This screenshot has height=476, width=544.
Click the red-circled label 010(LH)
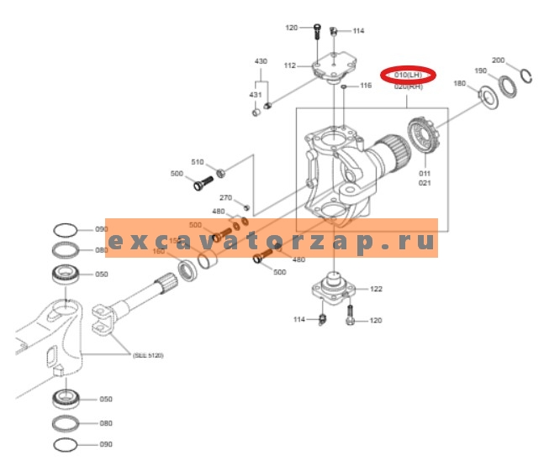(406, 76)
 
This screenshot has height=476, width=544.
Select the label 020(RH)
(407, 86)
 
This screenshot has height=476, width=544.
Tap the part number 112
(289, 65)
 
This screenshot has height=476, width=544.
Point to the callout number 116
(366, 86)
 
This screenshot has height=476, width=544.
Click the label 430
(261, 62)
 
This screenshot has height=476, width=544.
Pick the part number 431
(255, 95)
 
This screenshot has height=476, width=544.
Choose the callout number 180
(460, 83)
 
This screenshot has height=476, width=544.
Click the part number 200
(499, 60)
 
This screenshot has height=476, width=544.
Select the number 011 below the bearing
(425, 173)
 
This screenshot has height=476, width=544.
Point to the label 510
(198, 161)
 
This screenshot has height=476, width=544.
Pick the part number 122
(376, 289)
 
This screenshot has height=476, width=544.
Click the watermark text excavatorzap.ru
(272, 242)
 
